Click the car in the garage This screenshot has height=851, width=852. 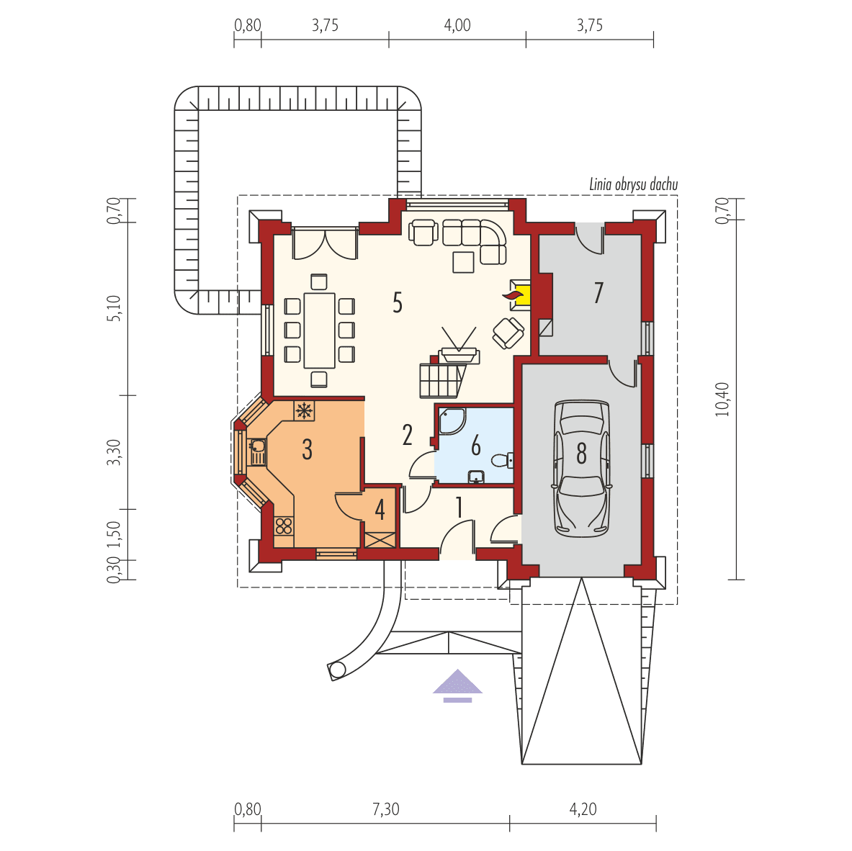(581, 469)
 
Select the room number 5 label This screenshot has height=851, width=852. (397, 303)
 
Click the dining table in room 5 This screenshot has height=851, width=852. (320, 329)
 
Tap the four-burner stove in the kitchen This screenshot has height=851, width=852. (284, 525)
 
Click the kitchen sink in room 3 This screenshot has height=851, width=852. (256, 451)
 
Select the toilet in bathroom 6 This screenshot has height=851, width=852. (503, 459)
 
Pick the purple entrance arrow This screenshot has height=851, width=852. (457, 685)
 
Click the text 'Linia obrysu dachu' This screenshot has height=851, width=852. (633, 185)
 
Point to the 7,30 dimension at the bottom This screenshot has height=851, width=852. (385, 809)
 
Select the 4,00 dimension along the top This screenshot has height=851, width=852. (457, 26)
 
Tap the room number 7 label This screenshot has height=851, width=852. (598, 294)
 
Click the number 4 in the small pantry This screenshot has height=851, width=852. (380, 510)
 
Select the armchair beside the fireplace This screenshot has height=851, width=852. (508, 332)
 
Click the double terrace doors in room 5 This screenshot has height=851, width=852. (325, 243)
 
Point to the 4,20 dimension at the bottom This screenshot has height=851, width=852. (583, 809)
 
